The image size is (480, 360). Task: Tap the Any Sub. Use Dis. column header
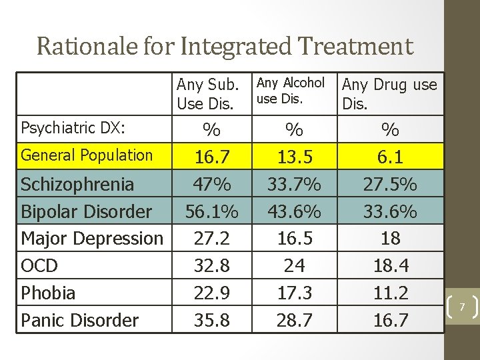click(207, 94)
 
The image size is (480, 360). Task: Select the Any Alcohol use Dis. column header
click(291, 91)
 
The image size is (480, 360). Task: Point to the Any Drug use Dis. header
click(389, 94)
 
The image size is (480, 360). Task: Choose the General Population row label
click(87, 155)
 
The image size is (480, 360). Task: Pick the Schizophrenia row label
click(78, 184)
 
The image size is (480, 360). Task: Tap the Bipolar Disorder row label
click(87, 211)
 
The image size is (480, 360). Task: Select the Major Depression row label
click(92, 238)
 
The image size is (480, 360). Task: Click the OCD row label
click(39, 266)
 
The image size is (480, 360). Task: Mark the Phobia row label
click(48, 293)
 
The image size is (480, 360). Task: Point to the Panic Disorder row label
click(80, 320)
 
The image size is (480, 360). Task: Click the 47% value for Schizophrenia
click(211, 184)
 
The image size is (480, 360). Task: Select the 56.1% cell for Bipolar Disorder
click(211, 211)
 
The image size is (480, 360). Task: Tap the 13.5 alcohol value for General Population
click(294, 157)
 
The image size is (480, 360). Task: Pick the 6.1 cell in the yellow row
click(390, 157)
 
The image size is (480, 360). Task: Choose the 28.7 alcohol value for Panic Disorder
click(294, 320)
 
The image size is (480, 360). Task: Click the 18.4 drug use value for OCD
click(390, 266)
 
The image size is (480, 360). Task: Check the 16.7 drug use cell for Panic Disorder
click(390, 320)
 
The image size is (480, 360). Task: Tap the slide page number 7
click(461, 306)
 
